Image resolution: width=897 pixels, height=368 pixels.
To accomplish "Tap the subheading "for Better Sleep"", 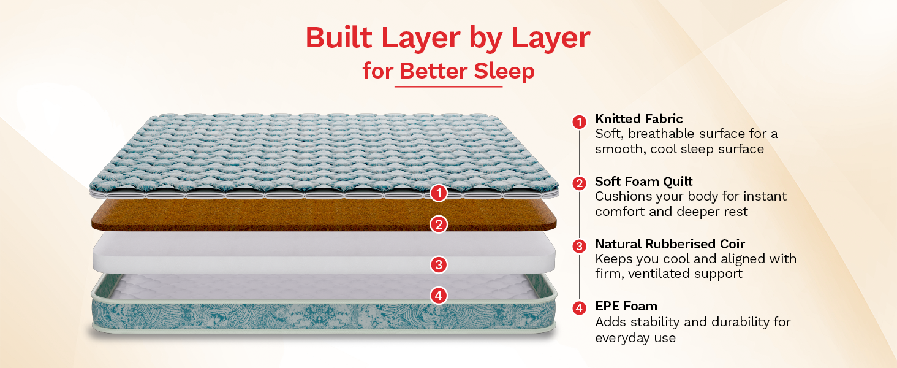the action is (449, 71).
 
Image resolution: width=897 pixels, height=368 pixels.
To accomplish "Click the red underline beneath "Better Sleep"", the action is (449, 86).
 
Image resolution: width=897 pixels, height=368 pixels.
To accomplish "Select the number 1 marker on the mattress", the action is (439, 193).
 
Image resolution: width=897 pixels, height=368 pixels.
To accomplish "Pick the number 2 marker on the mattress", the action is (439, 224).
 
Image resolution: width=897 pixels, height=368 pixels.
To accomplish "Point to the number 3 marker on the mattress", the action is (439, 264).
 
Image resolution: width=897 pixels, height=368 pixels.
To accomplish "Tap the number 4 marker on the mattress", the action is (439, 296).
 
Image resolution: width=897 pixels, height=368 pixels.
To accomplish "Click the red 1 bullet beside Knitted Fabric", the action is (579, 122).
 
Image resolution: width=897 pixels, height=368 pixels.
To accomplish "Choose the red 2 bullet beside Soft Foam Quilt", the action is (579, 183).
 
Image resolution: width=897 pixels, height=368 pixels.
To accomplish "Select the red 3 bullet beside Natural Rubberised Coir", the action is (579, 246).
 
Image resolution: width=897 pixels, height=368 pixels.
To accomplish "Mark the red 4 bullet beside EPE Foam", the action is (579, 309).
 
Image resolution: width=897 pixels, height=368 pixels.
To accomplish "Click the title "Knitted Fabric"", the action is (638, 119).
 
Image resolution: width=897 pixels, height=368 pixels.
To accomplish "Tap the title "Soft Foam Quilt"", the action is (643, 182).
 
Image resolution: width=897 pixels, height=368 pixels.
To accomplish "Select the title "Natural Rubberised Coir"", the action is (670, 243).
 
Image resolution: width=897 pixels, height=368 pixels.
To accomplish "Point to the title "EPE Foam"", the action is (626, 306).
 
